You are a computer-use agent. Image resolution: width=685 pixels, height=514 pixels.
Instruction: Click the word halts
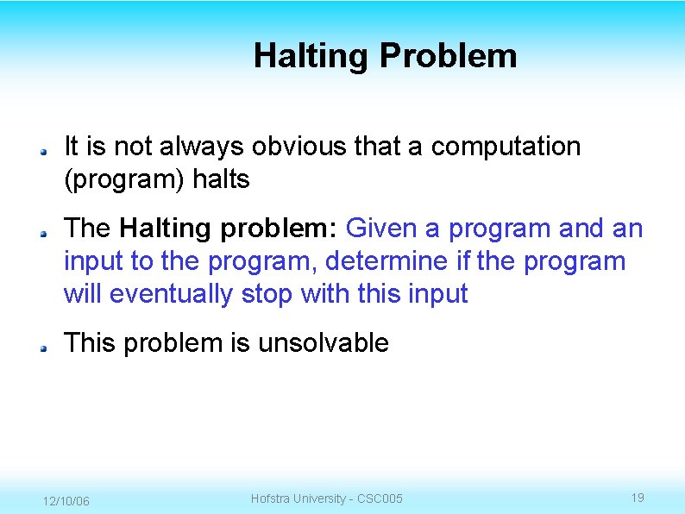[221, 179]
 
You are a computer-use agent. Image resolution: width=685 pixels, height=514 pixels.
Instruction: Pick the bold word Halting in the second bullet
[168, 229]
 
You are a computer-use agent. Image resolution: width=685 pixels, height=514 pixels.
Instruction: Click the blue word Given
[380, 229]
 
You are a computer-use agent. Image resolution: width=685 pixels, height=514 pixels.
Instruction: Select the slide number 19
[638, 498]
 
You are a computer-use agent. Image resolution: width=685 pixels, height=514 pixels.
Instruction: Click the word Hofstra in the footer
[272, 498]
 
